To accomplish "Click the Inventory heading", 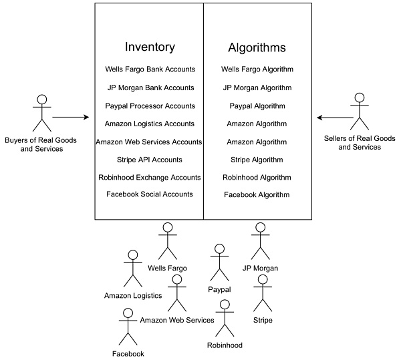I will pyautogui.click(x=150, y=47).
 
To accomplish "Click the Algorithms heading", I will pyautogui.click(x=257, y=47).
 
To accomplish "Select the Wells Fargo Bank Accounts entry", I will pyautogui.click(x=150, y=69).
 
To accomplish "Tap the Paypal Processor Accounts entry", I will pyautogui.click(x=150, y=106).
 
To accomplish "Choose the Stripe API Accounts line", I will pyautogui.click(x=150, y=160).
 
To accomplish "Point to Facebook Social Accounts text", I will pyautogui.click(x=150, y=194).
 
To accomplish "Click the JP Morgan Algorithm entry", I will pyautogui.click(x=257, y=87).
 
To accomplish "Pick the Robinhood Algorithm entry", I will pyautogui.click(x=257, y=178).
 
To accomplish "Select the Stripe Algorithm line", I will pyautogui.click(x=257, y=160).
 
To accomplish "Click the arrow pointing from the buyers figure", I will pyautogui.click(x=71, y=118).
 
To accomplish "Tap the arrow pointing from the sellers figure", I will pyautogui.click(x=334, y=118).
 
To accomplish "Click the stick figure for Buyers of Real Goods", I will pyautogui.click(x=42, y=113).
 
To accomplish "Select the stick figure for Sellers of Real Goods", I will pyautogui.click(x=360, y=110).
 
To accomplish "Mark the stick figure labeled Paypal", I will pyautogui.click(x=219, y=262).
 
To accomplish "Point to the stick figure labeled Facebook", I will pyautogui.click(x=128, y=327).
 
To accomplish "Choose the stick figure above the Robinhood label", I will pyautogui.click(x=225, y=318).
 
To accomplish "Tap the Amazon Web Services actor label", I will pyautogui.click(x=177, y=321).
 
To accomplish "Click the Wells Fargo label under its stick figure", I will pyautogui.click(x=167, y=268).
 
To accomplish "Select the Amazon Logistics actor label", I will pyautogui.click(x=133, y=296).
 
